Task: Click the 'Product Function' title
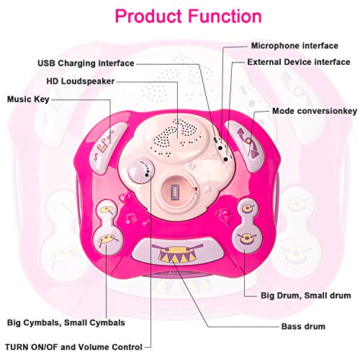(189, 17)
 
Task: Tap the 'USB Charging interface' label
(86, 63)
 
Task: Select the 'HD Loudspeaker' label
(81, 81)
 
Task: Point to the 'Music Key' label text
(28, 99)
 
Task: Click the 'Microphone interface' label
(294, 45)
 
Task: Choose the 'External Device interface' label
(299, 62)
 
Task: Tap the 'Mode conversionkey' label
(315, 111)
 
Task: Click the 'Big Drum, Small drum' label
(306, 295)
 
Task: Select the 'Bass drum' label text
(303, 326)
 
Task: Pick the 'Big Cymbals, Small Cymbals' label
(66, 323)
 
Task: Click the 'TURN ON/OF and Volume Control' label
(73, 347)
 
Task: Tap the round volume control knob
(141, 171)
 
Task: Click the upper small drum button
(248, 208)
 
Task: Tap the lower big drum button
(247, 238)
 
